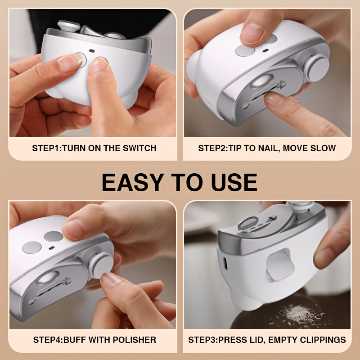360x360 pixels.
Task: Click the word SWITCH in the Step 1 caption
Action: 139,148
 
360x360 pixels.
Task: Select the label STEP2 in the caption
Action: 212,148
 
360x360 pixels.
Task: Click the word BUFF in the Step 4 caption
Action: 75,340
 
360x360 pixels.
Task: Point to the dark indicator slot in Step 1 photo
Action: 92,51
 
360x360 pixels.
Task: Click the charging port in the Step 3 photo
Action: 225,263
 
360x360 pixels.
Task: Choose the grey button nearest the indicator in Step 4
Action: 54,236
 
